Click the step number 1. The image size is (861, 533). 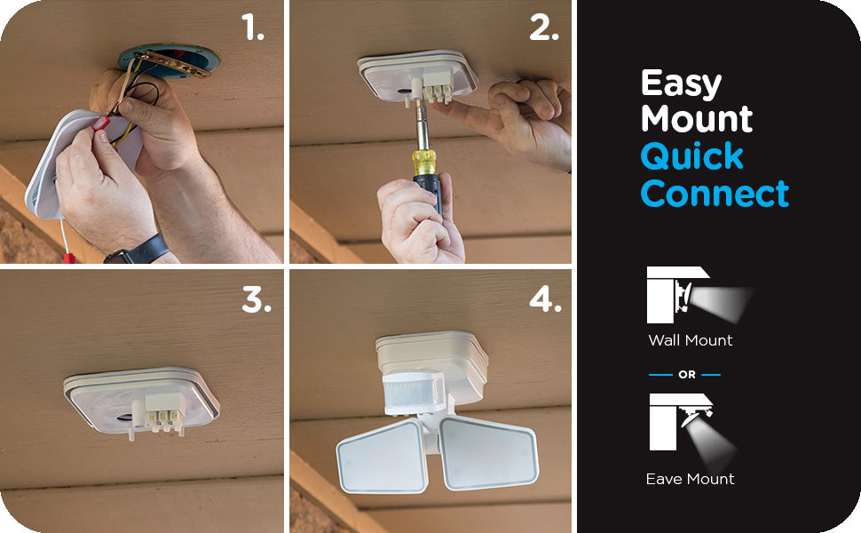pyautogui.click(x=253, y=28)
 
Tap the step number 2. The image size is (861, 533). pyautogui.click(x=544, y=28)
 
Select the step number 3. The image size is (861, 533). pyautogui.click(x=257, y=300)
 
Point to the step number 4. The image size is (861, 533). pyautogui.click(x=545, y=300)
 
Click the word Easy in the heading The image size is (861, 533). pyautogui.click(x=682, y=84)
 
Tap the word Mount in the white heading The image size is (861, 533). pyautogui.click(x=697, y=119)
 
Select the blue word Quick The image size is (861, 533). pyautogui.click(x=692, y=157)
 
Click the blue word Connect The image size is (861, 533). pyautogui.click(x=715, y=194)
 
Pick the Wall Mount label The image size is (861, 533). pyautogui.click(x=691, y=340)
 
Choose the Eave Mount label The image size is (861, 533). pyautogui.click(x=691, y=479)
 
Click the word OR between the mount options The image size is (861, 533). pyautogui.click(x=687, y=375)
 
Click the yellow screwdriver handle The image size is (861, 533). pyautogui.click(x=424, y=163)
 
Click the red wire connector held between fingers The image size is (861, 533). pyautogui.click(x=100, y=123)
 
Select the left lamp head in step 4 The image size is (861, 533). pyautogui.click(x=383, y=456)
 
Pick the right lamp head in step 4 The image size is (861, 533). pyautogui.click(x=489, y=453)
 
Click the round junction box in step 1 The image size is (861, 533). pyautogui.click(x=170, y=60)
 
